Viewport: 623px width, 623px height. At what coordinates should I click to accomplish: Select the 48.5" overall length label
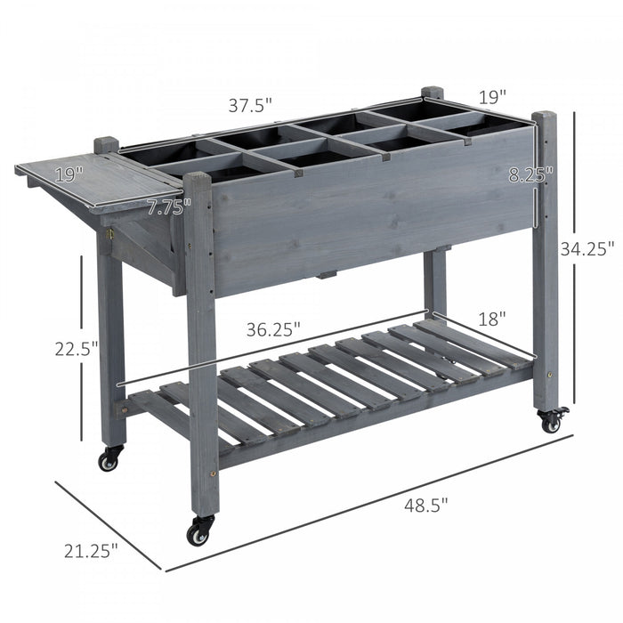(425, 505)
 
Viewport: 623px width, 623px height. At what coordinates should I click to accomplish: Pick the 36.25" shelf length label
(271, 328)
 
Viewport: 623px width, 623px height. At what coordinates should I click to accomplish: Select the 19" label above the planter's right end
(489, 94)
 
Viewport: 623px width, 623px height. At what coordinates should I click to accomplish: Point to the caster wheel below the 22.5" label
(109, 459)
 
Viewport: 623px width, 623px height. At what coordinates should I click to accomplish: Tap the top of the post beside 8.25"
(544, 117)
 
